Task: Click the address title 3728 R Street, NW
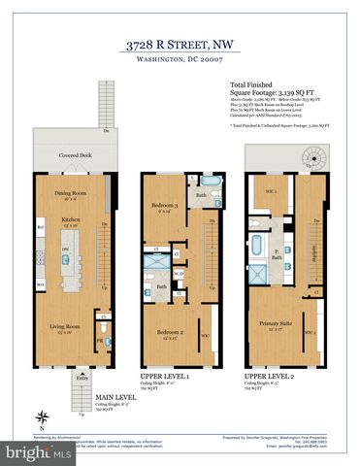pos(180,43)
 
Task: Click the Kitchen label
pos(70,221)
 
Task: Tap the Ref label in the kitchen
pos(41,229)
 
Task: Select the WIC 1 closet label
pos(266,190)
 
